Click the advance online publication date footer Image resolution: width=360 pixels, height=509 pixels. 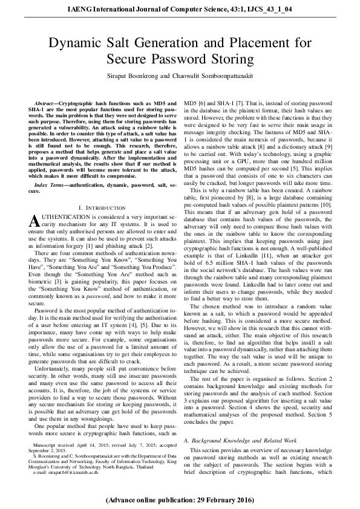pos(180,501)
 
